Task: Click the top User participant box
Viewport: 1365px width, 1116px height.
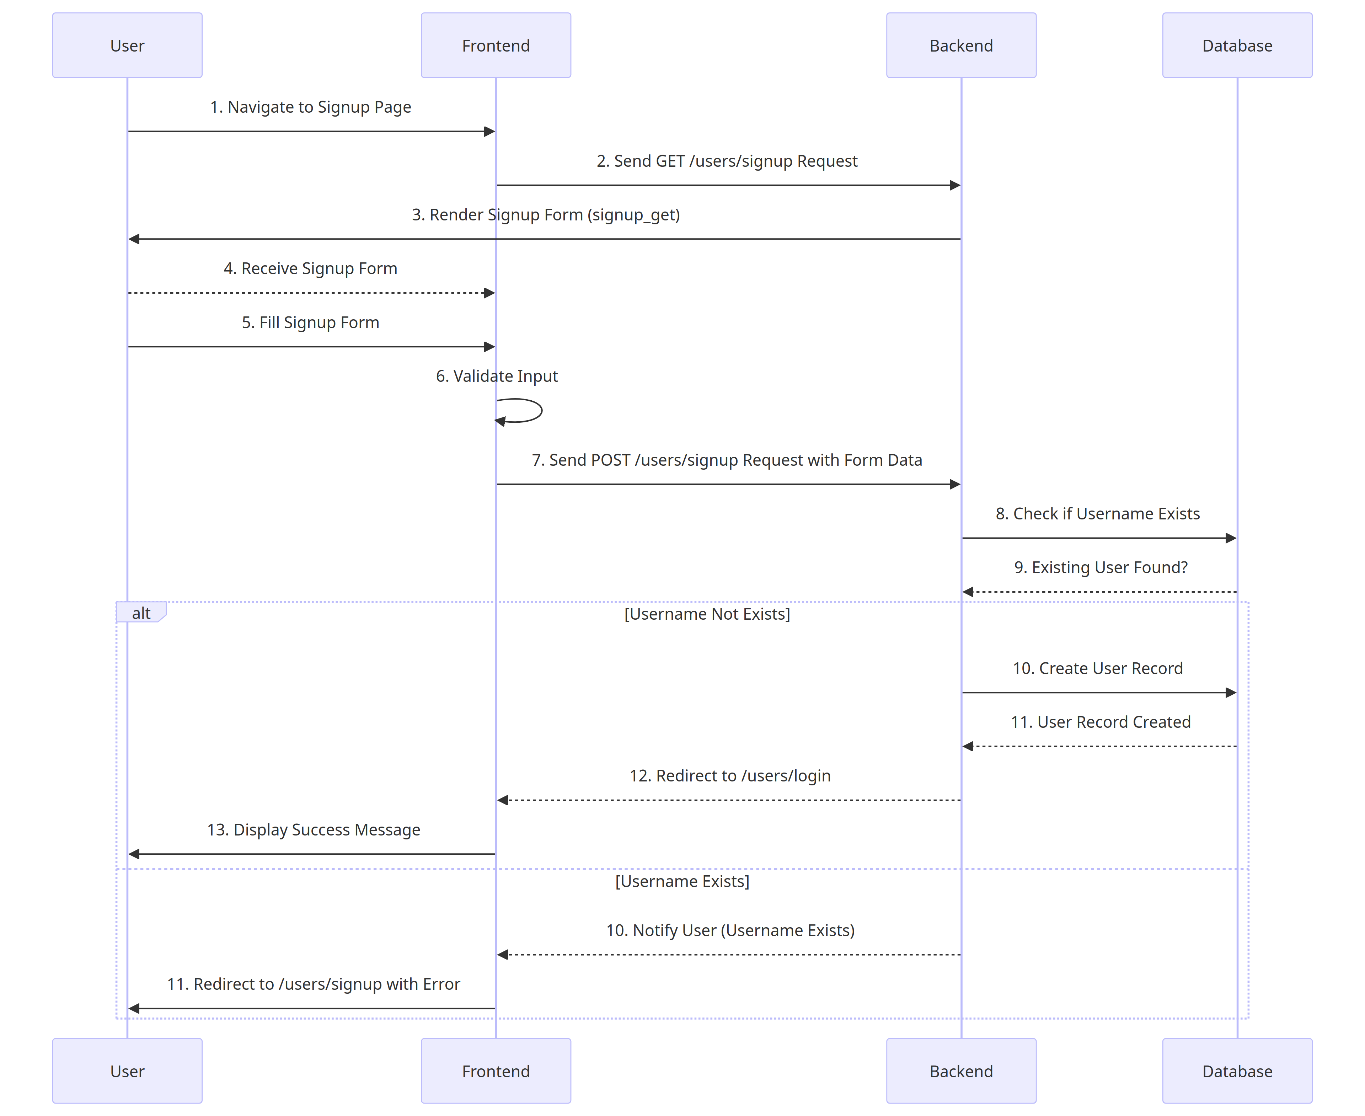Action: pos(127,46)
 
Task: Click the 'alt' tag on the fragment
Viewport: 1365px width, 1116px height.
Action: pos(141,613)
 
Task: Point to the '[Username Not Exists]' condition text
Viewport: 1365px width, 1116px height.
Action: pos(707,614)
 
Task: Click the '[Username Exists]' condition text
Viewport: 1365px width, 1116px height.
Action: pos(682,881)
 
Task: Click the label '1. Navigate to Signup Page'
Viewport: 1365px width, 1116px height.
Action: pos(310,107)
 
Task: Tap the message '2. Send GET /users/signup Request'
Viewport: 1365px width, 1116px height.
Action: pos(727,161)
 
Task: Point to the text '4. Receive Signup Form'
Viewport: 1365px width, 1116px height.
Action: pos(310,269)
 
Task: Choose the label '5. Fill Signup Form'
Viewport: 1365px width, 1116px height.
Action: pos(310,323)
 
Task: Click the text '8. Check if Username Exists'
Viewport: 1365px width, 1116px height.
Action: pos(1098,514)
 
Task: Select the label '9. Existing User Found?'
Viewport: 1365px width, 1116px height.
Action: pos(1100,568)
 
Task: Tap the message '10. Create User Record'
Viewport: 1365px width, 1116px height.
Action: pos(1098,669)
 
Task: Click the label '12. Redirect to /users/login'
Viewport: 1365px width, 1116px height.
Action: pos(729,776)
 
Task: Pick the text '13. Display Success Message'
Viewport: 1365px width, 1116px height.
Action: pos(314,830)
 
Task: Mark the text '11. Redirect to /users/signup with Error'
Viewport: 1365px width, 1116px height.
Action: pos(314,984)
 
